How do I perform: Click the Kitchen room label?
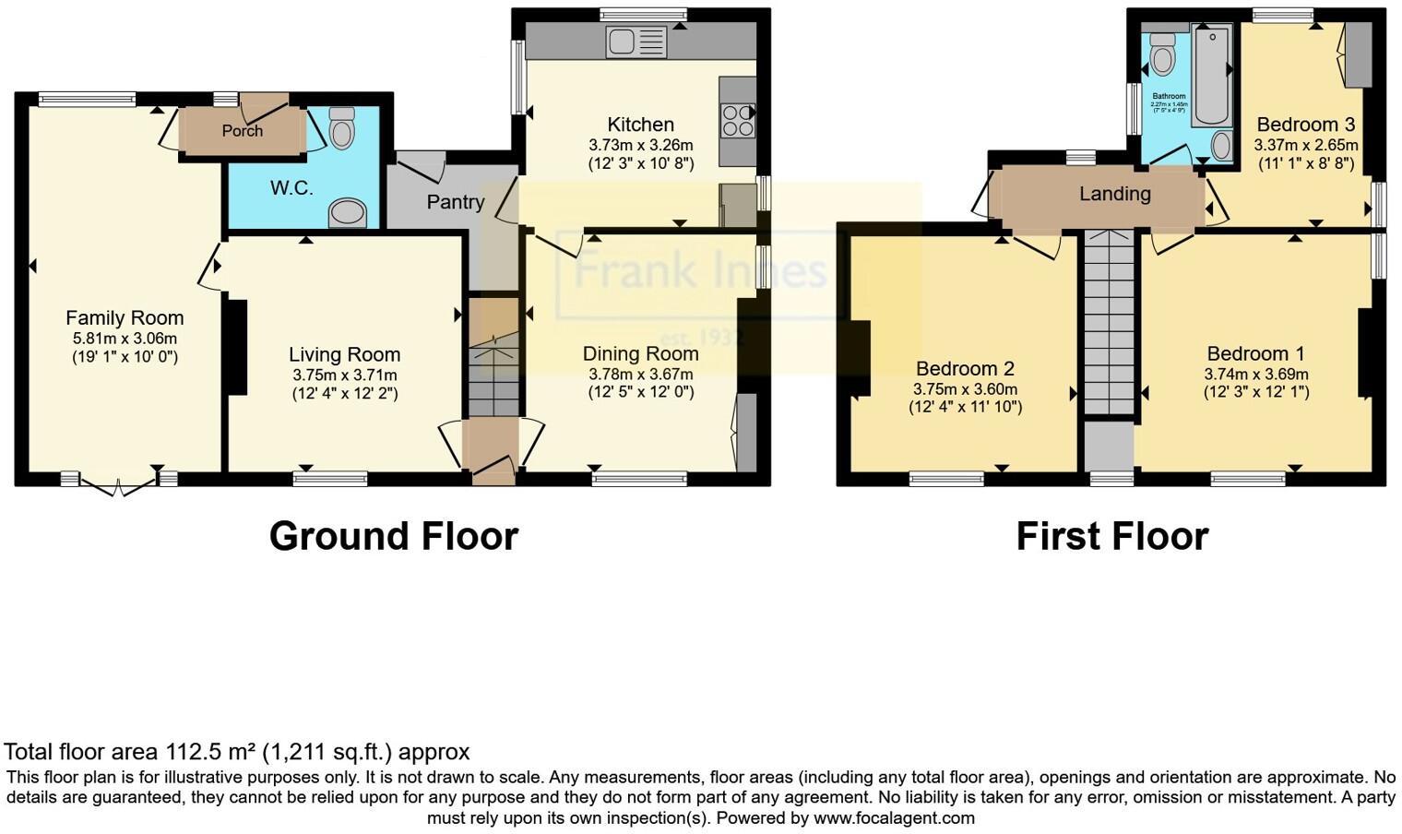pos(640,125)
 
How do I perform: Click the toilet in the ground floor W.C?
pos(341,128)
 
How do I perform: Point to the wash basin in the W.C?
pos(348,213)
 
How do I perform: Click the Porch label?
pos(242,131)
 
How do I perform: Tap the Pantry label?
pos(455,202)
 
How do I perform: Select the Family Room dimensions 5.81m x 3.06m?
pos(125,339)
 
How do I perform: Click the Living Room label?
pos(344,354)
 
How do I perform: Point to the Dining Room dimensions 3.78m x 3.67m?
pos(640,375)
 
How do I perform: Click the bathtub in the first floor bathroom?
pos(1211,74)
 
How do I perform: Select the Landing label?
pos(1114,194)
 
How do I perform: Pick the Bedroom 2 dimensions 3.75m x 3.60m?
pos(965,389)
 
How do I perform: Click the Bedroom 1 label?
pos(1255,353)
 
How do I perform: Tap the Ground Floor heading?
pos(393,536)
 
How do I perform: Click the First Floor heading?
pos(1111,536)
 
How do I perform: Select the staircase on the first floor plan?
pos(1108,323)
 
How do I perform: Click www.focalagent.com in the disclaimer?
pos(894,817)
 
